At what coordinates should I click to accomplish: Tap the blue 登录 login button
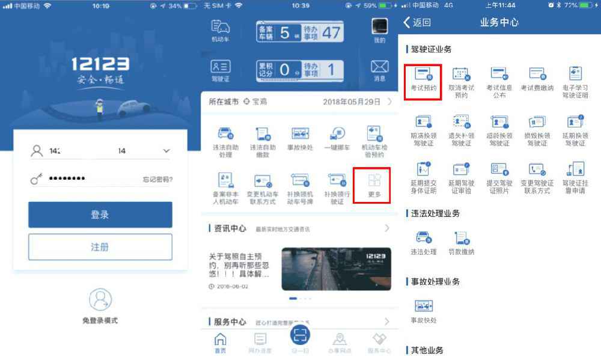100,215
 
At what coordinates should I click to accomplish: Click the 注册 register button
100,247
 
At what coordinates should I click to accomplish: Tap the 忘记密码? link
157,179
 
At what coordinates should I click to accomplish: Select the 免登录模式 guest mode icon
100,299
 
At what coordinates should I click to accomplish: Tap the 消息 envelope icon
379,66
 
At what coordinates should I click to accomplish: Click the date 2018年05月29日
352,102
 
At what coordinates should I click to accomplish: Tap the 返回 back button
417,23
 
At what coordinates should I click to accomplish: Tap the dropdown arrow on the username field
166,151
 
